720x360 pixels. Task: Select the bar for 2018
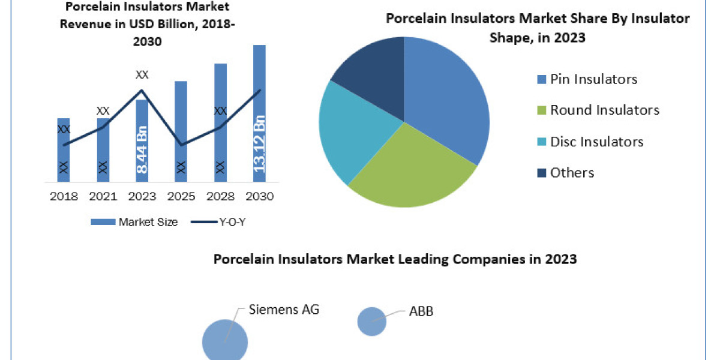click(x=64, y=150)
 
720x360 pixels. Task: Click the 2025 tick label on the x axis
click(x=181, y=196)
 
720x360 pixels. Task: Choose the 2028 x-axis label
click(x=220, y=196)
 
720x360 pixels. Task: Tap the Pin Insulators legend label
click(x=593, y=79)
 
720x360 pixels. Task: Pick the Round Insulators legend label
click(x=604, y=110)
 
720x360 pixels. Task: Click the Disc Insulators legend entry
click(x=596, y=141)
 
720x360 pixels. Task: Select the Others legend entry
click(x=572, y=172)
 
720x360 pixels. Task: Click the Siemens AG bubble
click(x=225, y=341)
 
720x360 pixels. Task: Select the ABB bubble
click(x=372, y=321)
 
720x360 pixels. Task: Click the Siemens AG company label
click(x=284, y=310)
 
